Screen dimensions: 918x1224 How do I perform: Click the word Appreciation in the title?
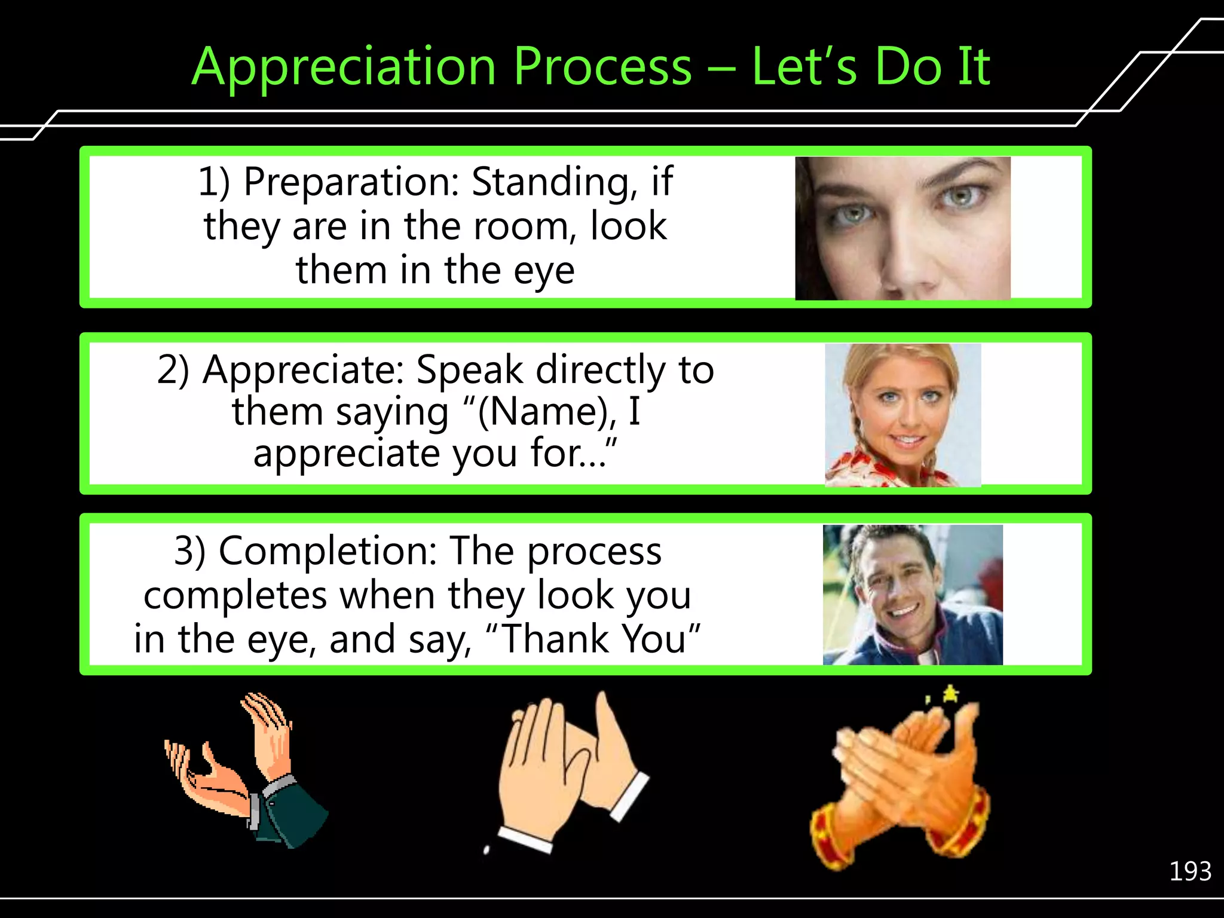tap(344, 67)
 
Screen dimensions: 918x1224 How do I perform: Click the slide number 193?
tap(1189, 871)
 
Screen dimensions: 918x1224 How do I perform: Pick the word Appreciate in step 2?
tap(304, 369)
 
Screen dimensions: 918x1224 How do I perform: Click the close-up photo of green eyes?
tap(902, 228)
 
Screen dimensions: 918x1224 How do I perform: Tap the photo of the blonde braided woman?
tap(902, 415)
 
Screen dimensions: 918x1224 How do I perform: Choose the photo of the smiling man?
tap(912, 595)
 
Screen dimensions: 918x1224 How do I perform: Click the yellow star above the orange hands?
tap(950, 694)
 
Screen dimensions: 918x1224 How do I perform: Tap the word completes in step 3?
tap(235, 595)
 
